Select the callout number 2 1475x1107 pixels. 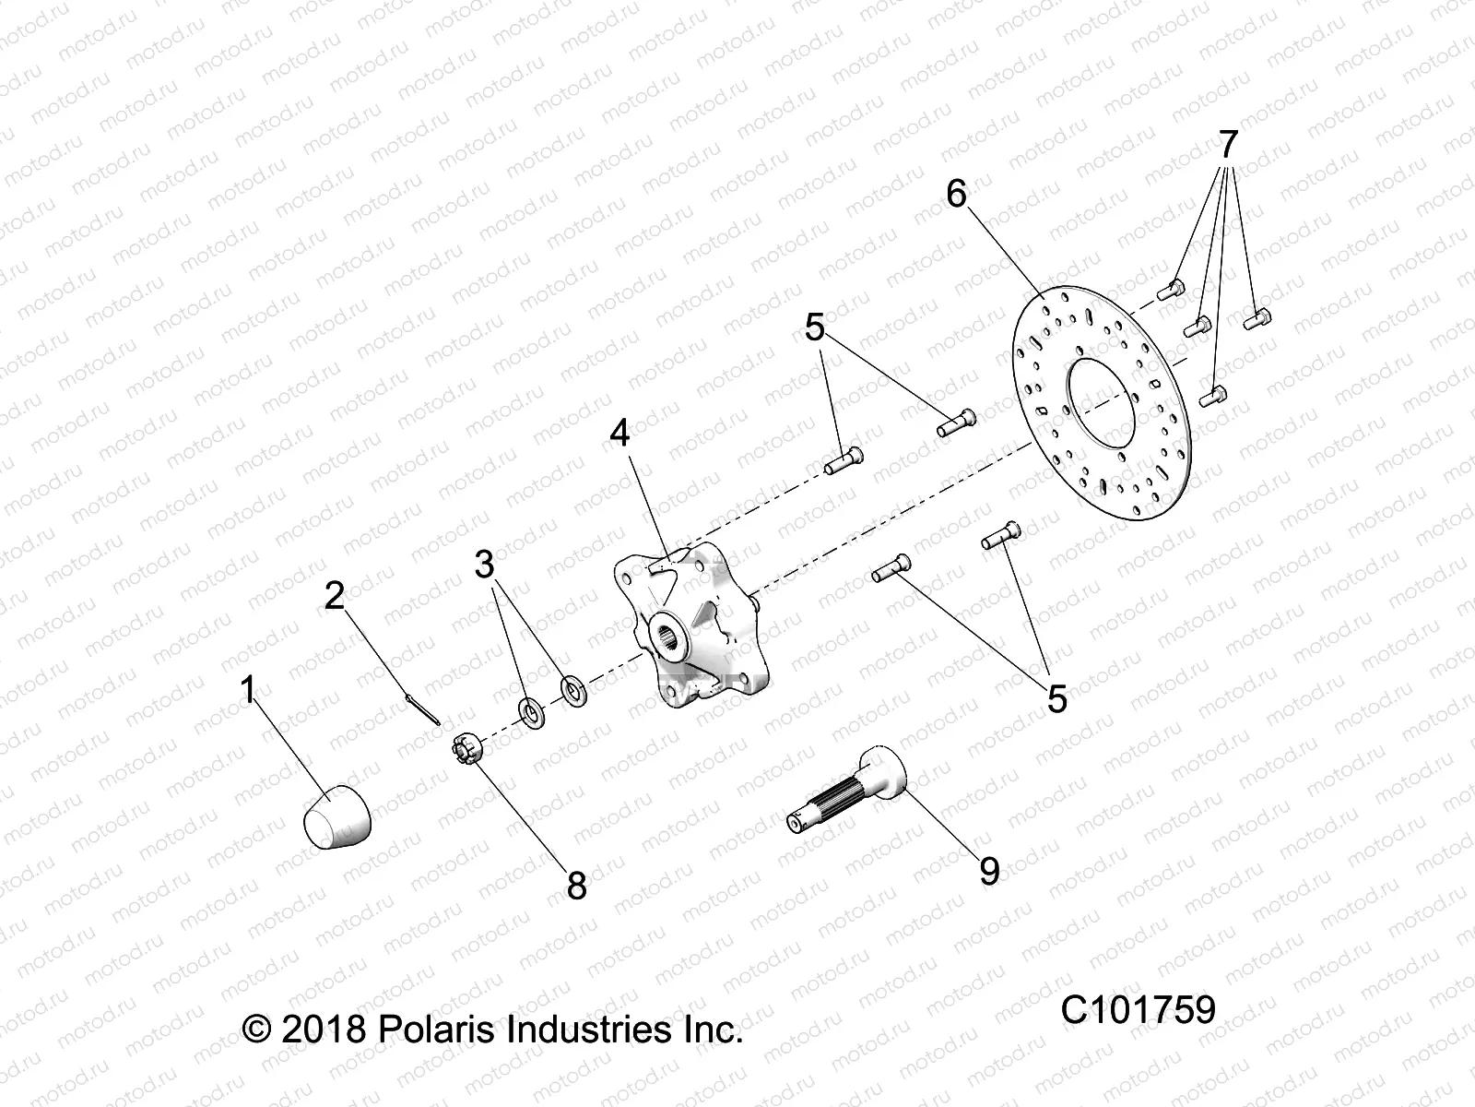(334, 596)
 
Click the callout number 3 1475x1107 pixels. (485, 564)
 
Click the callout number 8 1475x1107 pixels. (576, 887)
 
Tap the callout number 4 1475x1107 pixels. (619, 433)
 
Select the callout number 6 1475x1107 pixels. (956, 194)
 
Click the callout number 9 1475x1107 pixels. (988, 870)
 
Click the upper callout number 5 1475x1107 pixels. (815, 327)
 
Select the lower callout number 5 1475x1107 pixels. (1056, 698)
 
